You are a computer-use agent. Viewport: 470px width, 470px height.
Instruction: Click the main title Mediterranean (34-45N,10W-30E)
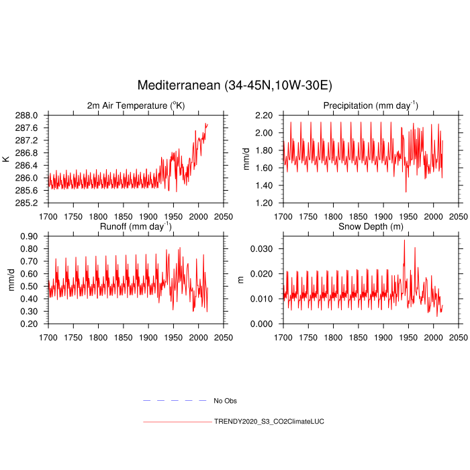235,85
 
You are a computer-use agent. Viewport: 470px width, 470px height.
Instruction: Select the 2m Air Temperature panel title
136,105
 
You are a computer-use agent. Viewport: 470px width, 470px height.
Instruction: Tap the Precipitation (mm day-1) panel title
370,105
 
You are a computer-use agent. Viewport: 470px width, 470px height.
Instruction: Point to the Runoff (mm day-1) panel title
136,227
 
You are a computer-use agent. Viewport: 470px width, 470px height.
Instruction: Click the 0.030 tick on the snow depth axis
263,249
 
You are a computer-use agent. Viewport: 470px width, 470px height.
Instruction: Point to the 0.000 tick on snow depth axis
263,324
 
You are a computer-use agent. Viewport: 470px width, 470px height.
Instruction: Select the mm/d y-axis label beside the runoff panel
11,280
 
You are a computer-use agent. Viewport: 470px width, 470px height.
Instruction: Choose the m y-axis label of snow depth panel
242,280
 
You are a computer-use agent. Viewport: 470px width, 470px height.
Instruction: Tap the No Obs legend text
225,401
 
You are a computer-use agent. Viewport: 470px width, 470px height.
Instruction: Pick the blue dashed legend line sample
175,400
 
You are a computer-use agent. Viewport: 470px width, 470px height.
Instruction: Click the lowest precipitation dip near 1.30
406,192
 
